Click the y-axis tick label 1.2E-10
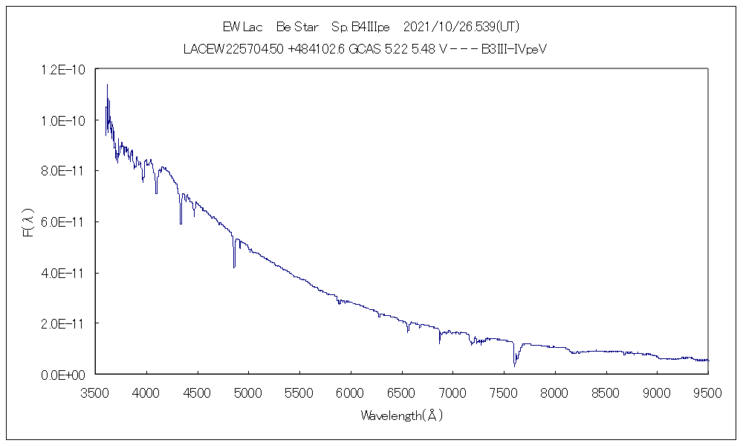(65, 70)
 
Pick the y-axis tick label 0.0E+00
(65, 375)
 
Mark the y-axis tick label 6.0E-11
(65, 222)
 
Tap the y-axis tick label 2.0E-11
(65, 324)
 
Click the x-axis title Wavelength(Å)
(401, 416)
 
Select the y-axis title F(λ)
(28, 222)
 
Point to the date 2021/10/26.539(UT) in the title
(461, 28)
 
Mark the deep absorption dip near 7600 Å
(514, 365)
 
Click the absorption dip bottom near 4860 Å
(234, 266)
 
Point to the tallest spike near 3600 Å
(107, 85)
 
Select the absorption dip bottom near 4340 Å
(181, 222)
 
